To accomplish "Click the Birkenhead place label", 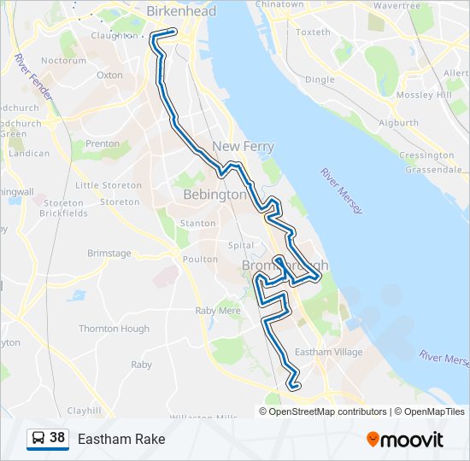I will [x=181, y=11].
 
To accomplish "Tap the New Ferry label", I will [x=243, y=147].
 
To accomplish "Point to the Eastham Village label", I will [x=328, y=352].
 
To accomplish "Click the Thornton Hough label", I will [x=114, y=329].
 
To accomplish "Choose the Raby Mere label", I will [x=217, y=311].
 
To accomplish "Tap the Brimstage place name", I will [x=109, y=254].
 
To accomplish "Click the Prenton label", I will [x=103, y=144].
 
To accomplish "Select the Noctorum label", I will [x=63, y=61].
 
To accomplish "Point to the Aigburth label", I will [x=398, y=123].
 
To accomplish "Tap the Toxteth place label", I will [x=312, y=32].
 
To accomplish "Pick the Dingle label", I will [x=320, y=79].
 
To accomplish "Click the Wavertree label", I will [x=397, y=5].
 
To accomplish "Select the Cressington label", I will [x=426, y=155].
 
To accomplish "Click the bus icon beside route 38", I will [x=38, y=439].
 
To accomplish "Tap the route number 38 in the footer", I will [x=57, y=438].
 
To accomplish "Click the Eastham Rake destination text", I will [x=121, y=439].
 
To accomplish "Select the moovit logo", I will [x=405, y=439].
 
